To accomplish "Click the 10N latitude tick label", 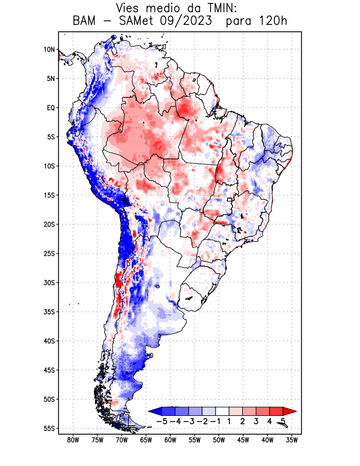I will click(x=49, y=50).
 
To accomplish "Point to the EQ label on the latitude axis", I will click(x=50, y=108).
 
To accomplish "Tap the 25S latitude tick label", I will click(x=49, y=253).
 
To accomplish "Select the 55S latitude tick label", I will click(x=49, y=428).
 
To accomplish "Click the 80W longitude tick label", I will click(x=73, y=440).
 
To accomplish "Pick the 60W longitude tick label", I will click(x=170, y=440).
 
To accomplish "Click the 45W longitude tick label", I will click(x=243, y=440).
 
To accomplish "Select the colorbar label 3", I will click(x=256, y=421).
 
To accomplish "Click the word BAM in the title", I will click(x=86, y=22).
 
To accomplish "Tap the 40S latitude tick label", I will click(x=49, y=341).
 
